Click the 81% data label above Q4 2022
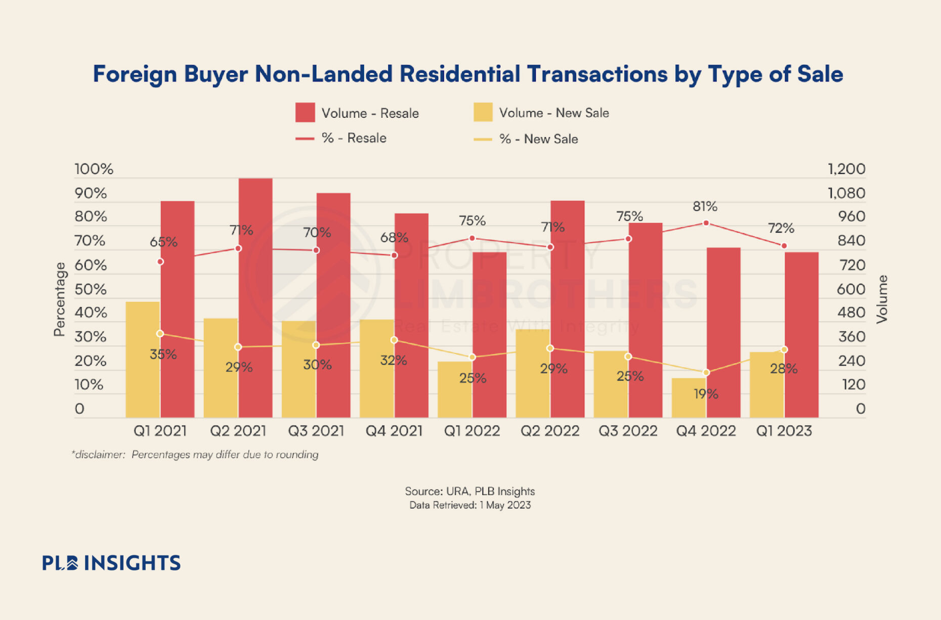click(705, 206)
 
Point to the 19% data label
click(706, 393)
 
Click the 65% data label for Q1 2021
click(163, 242)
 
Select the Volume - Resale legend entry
click(357, 113)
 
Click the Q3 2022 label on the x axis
click(628, 431)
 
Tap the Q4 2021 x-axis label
click(394, 431)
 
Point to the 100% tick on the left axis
click(94, 169)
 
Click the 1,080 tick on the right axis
click(846, 193)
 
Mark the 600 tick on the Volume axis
click(851, 289)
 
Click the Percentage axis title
click(60, 299)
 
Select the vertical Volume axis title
click(882, 299)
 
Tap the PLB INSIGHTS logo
click(111, 563)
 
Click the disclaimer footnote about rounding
click(195, 455)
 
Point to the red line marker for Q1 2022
click(472, 238)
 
